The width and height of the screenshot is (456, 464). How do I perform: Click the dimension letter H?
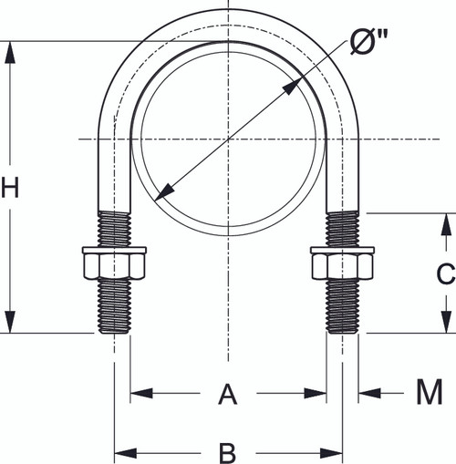point(10,189)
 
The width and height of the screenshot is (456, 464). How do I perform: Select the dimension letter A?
point(227,395)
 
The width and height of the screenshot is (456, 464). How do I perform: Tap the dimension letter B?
point(228,450)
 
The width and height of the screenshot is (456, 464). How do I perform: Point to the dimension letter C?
point(444,273)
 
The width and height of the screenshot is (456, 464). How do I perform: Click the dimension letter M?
point(429,393)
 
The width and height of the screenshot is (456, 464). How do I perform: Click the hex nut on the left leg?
point(114,263)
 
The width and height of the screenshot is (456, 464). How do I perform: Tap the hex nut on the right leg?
point(343,263)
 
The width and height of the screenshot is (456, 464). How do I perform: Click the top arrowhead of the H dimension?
point(10,51)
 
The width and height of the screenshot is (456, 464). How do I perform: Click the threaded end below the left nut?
point(114,306)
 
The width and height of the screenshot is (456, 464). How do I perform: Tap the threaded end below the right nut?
point(343,306)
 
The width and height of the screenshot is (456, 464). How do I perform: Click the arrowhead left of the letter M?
point(368,394)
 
